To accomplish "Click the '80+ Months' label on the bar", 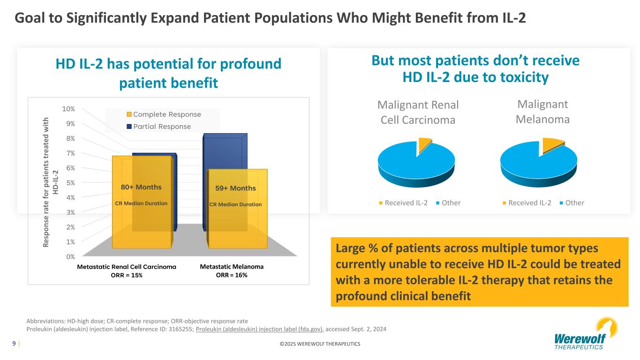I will (141, 187).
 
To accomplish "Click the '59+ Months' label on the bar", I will (235, 188).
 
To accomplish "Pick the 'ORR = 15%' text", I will (127, 275).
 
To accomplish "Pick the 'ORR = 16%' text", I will (232, 275).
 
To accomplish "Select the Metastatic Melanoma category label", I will (232, 266).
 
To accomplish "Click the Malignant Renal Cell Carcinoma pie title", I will (418, 112).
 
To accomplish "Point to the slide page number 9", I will (14, 344).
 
